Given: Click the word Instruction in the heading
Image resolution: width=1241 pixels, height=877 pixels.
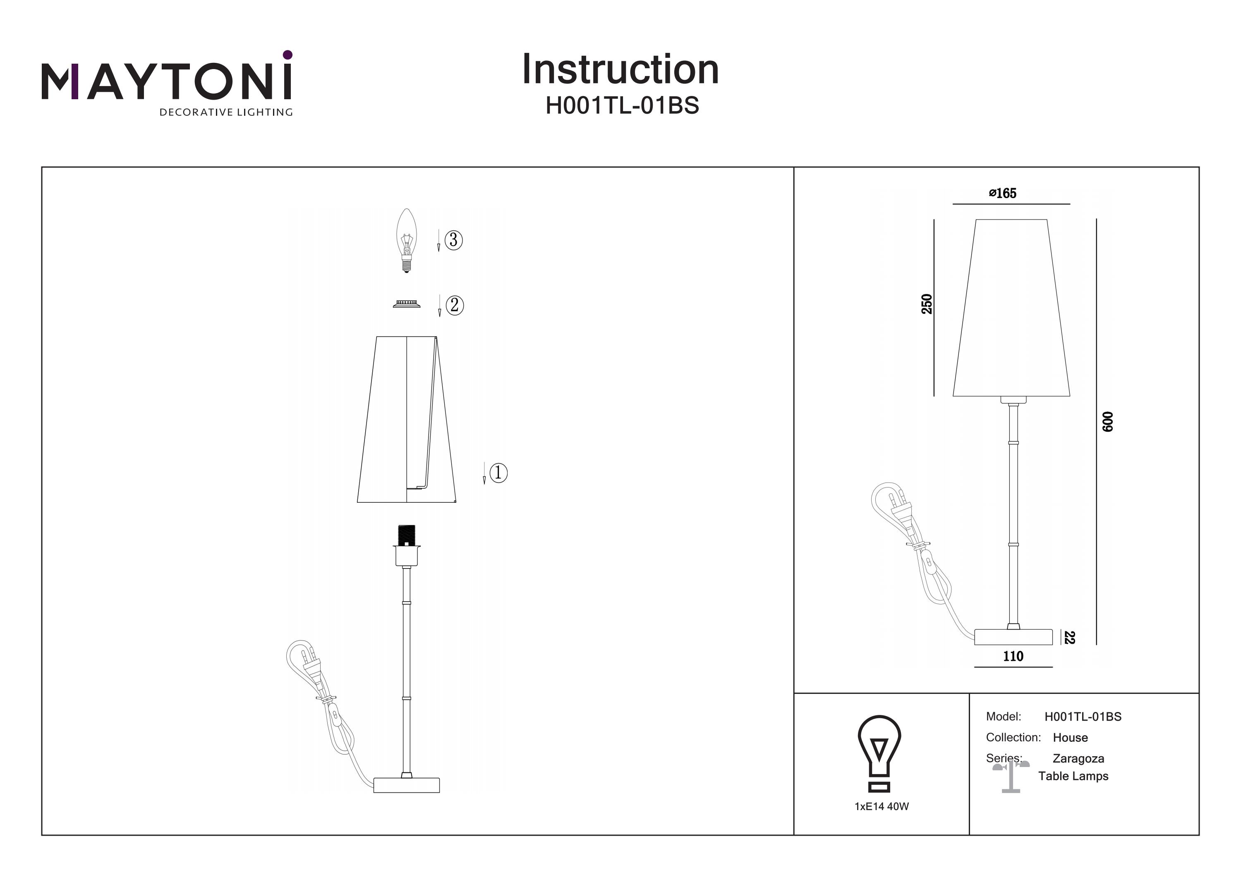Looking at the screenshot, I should [x=620, y=70].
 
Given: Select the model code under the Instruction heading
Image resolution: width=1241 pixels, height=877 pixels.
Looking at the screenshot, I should [x=622, y=106].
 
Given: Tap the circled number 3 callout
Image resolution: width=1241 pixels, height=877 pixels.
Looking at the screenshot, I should [x=453, y=239].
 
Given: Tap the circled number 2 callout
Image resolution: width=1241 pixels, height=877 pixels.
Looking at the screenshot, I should [x=455, y=305].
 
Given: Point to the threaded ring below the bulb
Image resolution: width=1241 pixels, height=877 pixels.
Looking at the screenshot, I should [x=407, y=305].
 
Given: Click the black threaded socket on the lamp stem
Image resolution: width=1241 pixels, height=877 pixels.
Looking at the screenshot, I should [x=407, y=535].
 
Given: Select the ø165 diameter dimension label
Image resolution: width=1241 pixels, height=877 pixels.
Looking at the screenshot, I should [x=1003, y=194].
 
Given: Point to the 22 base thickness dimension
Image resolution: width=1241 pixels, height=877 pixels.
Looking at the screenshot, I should [x=1069, y=638].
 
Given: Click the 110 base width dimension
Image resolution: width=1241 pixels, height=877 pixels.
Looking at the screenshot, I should [x=1013, y=656].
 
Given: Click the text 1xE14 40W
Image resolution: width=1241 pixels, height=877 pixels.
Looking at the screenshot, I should [x=882, y=806].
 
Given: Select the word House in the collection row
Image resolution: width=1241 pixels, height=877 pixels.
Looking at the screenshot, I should [x=1070, y=738].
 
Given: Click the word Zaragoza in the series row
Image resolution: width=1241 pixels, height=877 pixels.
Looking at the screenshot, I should [x=1078, y=759].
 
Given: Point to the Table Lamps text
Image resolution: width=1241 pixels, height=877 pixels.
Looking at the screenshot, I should [x=1073, y=776].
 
